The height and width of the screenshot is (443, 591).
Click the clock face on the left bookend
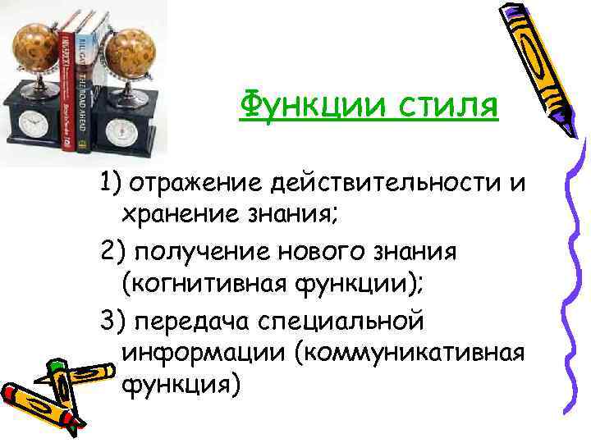point(34,124)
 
